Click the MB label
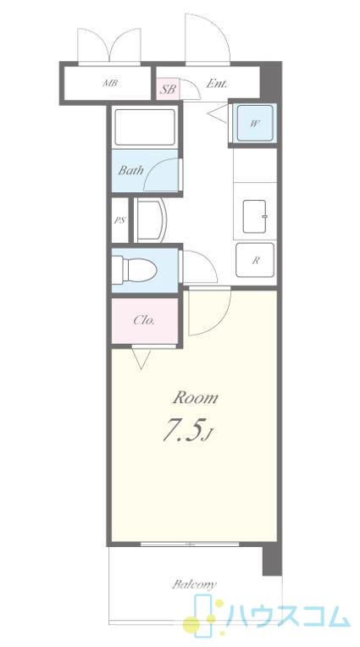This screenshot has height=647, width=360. pyautogui.click(x=110, y=83)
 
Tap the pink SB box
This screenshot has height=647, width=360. pyautogui.click(x=168, y=89)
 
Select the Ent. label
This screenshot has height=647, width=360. pyautogui.click(x=217, y=84)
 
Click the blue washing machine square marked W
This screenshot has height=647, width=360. pyautogui.click(x=254, y=123)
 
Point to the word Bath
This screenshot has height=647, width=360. pyautogui.click(x=131, y=170)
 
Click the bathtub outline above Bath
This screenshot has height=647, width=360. pyautogui.click(x=145, y=127)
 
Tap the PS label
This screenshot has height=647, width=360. pyautogui.click(x=119, y=220)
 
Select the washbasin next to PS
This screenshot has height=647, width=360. pyautogui.click(x=150, y=220)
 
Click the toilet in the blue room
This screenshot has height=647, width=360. pyautogui.click(x=135, y=270)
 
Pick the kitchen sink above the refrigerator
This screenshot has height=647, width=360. pyautogui.click(x=254, y=216)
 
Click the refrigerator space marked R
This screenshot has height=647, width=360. pyautogui.click(x=255, y=260)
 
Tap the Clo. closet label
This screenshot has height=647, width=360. pyautogui.click(x=144, y=321)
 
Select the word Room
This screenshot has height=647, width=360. pyautogui.click(x=196, y=398)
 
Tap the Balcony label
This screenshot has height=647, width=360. pyautogui.click(x=194, y=584)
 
